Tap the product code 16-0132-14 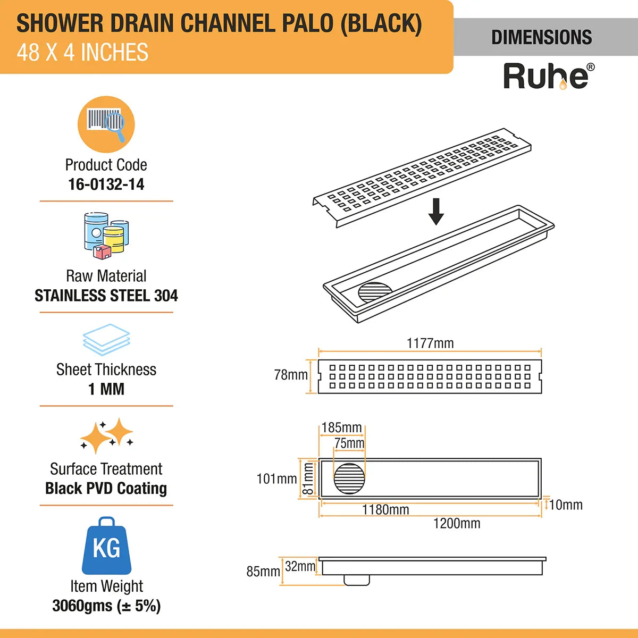[x=106, y=184]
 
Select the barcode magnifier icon [x=106, y=124]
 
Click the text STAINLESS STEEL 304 [x=106, y=296]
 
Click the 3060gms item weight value [x=106, y=606]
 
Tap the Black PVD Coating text [x=106, y=488]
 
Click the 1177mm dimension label [x=430, y=343]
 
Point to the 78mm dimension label [x=291, y=375]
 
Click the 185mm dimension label [x=342, y=428]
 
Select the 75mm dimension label [x=349, y=443]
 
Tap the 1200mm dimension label [x=457, y=524]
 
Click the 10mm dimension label [x=566, y=505]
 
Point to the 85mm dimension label [x=263, y=572]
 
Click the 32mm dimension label [x=300, y=567]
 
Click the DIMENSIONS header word [x=541, y=37]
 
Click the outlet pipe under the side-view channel [x=357, y=580]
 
